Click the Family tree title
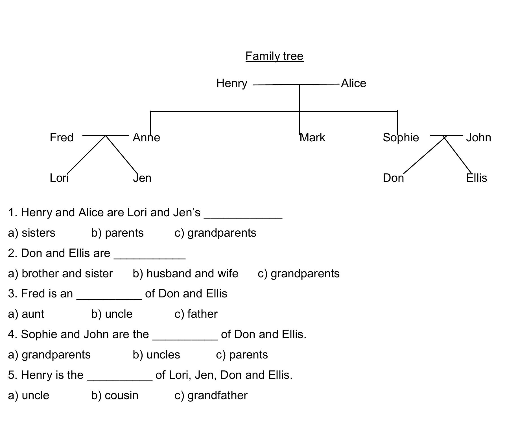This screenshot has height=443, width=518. coord(274,56)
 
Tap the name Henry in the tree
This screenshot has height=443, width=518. coord(232,83)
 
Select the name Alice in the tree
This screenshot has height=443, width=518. coord(353,83)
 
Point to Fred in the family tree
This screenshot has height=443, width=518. coord(62,137)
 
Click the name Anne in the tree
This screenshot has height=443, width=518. coord(146,137)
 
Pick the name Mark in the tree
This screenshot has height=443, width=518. coord(312,137)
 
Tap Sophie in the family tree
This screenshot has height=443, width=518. coord(401,137)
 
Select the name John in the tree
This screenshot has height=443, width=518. coord(478,137)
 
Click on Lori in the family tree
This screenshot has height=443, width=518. coord(59,178)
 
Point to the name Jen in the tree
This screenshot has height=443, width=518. coord(142,178)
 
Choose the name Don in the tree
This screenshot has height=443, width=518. coord(393,178)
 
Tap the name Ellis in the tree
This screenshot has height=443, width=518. coord(477,178)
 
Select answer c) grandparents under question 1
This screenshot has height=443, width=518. coord(215,233)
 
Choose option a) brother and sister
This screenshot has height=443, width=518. coord(60,273)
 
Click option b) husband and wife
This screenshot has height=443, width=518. coord(185,273)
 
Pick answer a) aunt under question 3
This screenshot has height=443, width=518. coord(26,314)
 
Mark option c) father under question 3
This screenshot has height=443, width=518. coord(196,314)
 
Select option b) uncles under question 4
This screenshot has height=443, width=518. coord(156,355)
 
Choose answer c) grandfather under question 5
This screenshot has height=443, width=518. coord(211,395)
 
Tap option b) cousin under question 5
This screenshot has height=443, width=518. coord(115,395)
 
